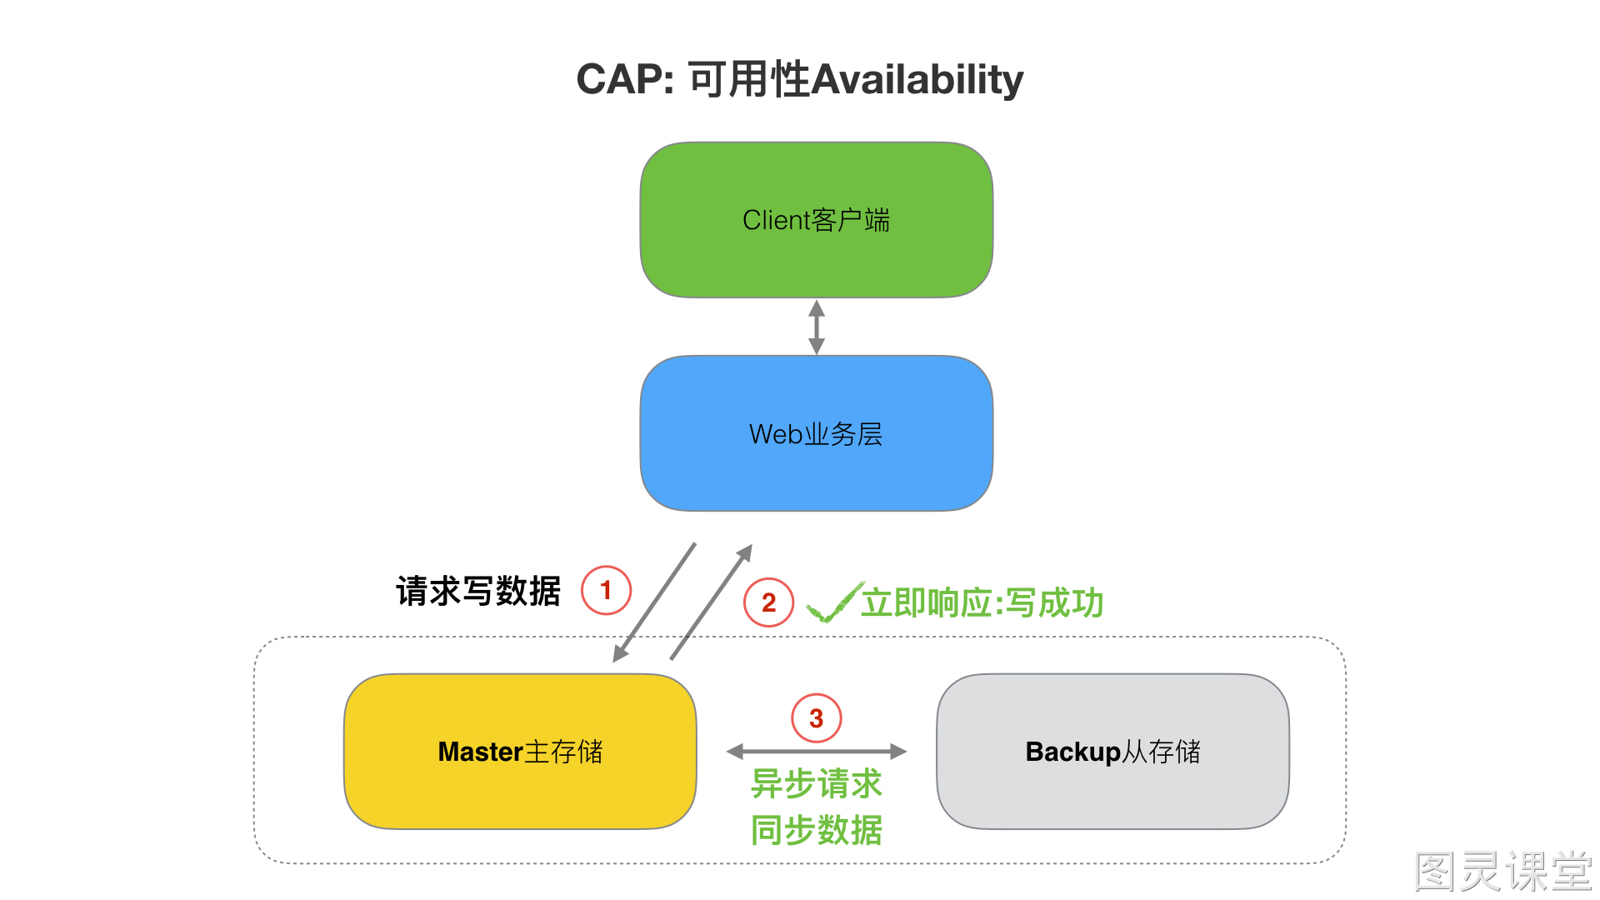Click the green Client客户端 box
[x=817, y=220]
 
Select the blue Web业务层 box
[x=817, y=433]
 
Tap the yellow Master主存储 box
[x=520, y=751]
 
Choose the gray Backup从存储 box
[x=1113, y=751]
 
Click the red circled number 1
[x=606, y=590]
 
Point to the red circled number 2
[x=768, y=602]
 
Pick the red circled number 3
[x=816, y=718]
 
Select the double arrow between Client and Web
[x=817, y=327]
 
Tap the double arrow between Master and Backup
[x=817, y=752]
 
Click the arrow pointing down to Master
[x=654, y=602]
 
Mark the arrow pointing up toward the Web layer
[x=712, y=602]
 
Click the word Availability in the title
[x=917, y=81]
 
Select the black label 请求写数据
[x=478, y=591]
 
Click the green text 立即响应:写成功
[x=982, y=602]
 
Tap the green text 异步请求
[x=817, y=783]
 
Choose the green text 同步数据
[x=817, y=830]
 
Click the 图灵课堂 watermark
[x=1503, y=872]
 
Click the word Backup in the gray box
[x=1073, y=752]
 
